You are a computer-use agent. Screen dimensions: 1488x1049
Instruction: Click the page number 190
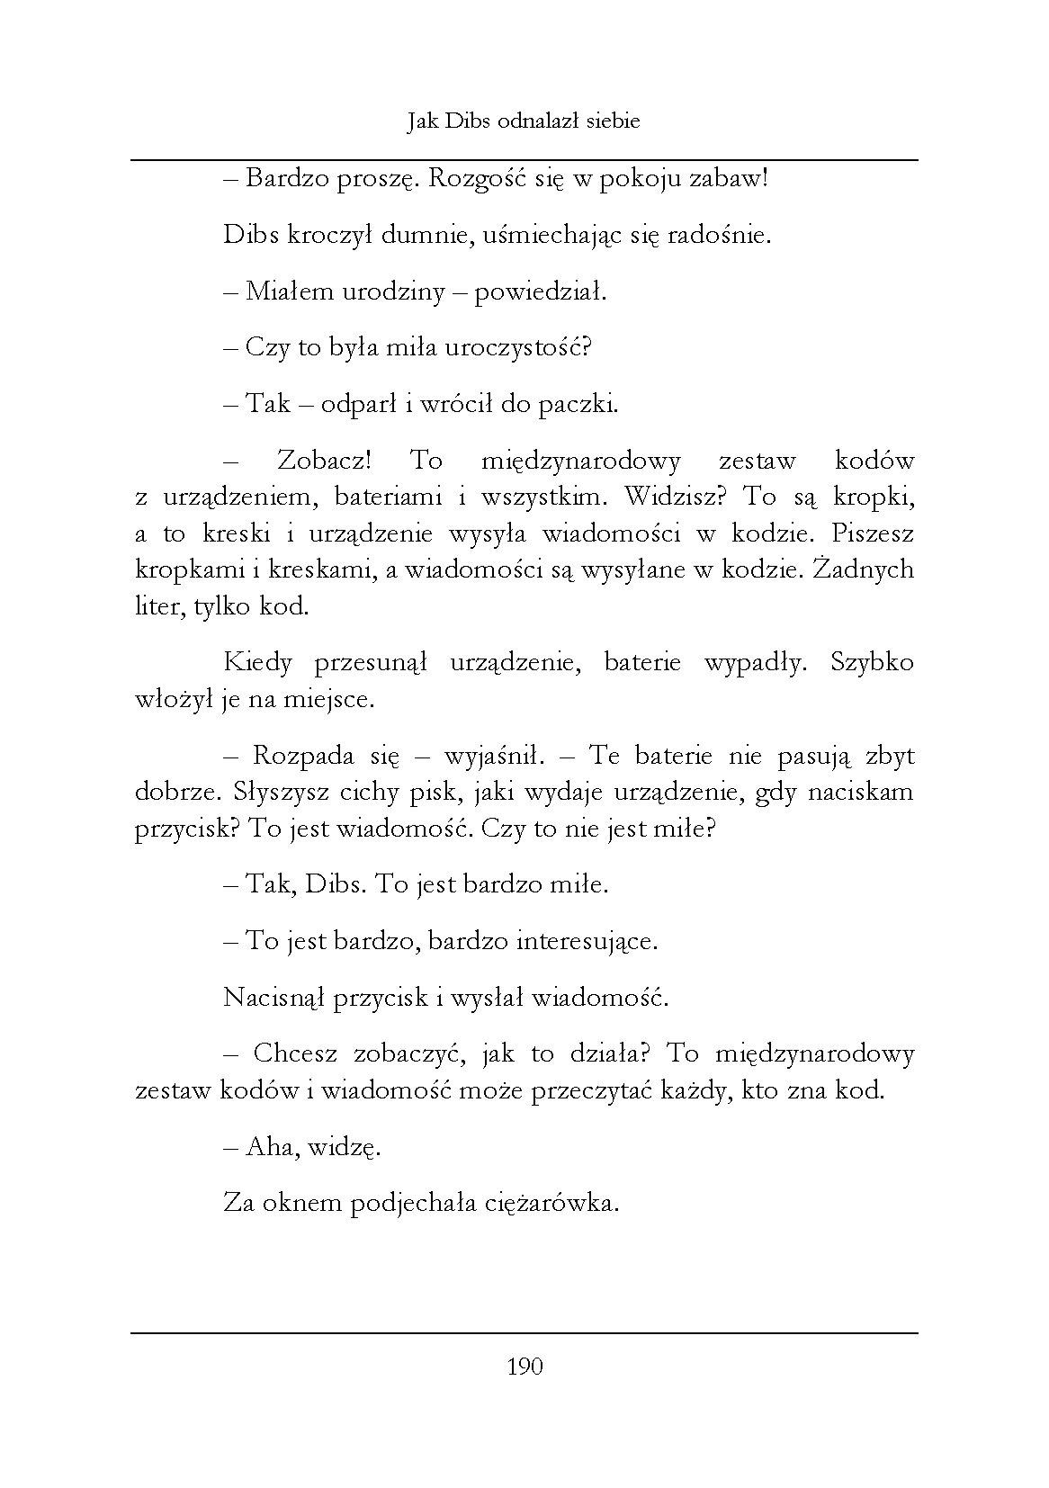524,1367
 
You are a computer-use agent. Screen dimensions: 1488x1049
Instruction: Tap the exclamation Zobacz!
323,461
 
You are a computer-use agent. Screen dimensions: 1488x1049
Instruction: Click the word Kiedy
258,663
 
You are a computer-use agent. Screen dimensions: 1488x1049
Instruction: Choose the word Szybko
872,663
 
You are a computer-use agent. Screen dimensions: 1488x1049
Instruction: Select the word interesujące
587,941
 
